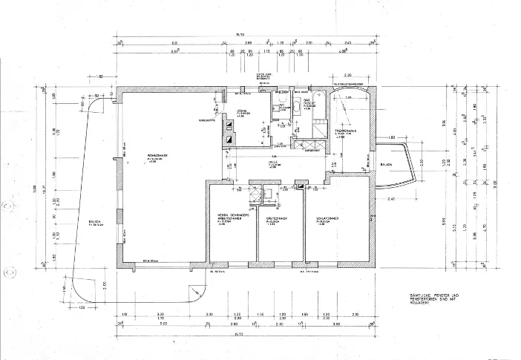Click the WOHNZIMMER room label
[x=154, y=156]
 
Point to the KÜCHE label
[x=243, y=111]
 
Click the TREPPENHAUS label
[x=347, y=130]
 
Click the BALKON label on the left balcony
[x=94, y=220]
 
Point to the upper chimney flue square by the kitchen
[x=229, y=125]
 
